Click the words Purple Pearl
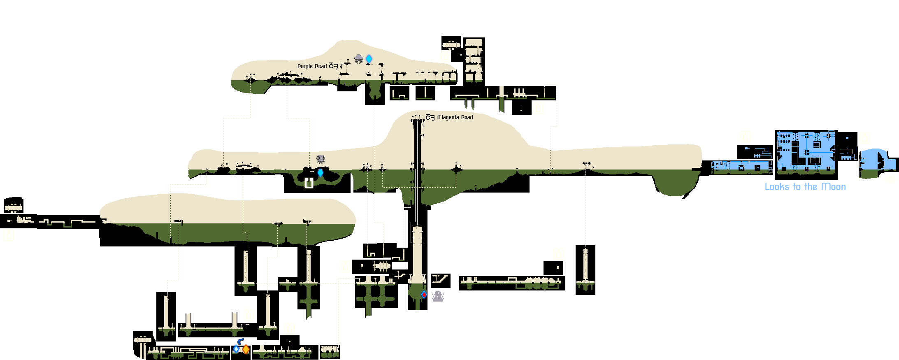coord(312,66)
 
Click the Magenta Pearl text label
coord(455,117)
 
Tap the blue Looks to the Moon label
coord(805,187)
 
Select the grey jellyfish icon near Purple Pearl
coord(359,59)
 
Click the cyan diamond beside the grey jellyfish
coord(369,59)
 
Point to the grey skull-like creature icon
coord(321,159)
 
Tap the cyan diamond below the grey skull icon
coord(321,173)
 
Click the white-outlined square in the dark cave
coord(309,183)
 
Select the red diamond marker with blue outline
coord(424,294)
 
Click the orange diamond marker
coord(246,349)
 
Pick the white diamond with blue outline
coord(236,349)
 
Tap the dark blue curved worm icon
coord(240,341)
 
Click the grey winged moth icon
coord(438,296)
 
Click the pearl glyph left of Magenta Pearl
coord(430,117)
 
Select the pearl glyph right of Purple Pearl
coord(333,66)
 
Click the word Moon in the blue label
coord(834,187)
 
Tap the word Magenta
coord(448,117)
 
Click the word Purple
coord(305,66)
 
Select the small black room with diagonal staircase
coord(441,281)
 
